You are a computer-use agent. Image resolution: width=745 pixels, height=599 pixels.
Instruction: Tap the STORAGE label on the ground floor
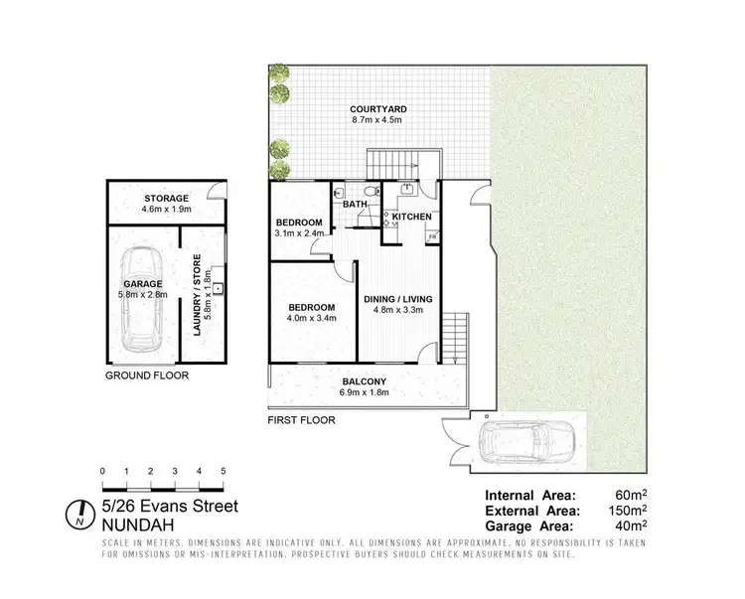coord(166,199)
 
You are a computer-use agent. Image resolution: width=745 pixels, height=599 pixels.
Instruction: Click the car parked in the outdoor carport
coord(526,441)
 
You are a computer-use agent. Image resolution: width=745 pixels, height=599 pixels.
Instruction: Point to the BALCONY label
coord(367,381)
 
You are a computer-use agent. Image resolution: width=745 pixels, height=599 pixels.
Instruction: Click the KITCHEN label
coord(411,217)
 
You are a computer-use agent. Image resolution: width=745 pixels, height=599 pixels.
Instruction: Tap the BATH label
coord(355,205)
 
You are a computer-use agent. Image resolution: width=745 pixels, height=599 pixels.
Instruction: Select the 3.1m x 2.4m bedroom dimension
coord(299,234)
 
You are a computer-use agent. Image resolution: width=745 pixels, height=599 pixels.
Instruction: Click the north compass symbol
coord(76,516)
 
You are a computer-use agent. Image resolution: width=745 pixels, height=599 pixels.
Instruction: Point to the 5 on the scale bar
coord(223,471)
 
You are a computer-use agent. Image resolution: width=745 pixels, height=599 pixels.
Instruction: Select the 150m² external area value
coord(626,511)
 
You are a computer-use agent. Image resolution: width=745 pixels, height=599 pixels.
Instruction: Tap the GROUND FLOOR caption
coord(147,375)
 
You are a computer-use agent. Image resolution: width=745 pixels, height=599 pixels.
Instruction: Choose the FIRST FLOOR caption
coord(301,420)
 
